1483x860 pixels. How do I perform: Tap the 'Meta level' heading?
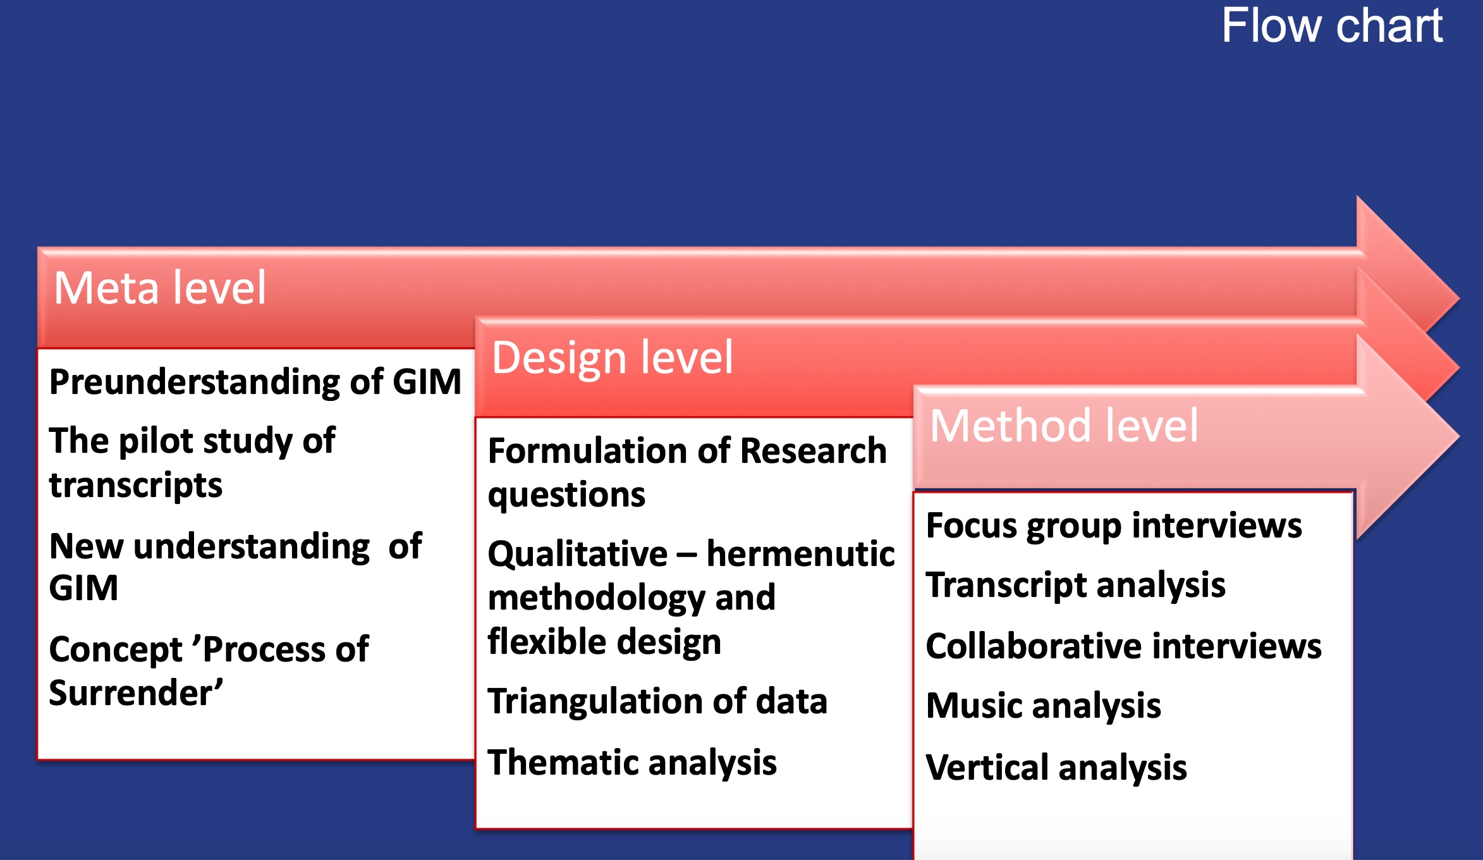pos(160,288)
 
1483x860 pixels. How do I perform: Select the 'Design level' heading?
pos(612,357)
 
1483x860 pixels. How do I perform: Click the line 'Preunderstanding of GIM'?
pos(255,382)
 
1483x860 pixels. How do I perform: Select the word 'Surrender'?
pos(135,693)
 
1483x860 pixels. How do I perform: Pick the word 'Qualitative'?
pos(578,555)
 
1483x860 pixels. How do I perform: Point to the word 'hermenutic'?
pos(800,554)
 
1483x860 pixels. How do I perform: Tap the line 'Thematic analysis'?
pos(632,763)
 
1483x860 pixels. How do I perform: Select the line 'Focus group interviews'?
pos(1114,526)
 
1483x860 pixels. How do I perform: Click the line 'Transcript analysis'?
pos(1075,585)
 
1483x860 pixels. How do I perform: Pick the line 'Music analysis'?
pos(1043,706)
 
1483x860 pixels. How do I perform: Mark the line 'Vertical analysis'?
pos(1056,768)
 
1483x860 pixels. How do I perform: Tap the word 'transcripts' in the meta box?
pos(136,486)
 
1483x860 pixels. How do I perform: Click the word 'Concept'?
pos(116,650)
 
